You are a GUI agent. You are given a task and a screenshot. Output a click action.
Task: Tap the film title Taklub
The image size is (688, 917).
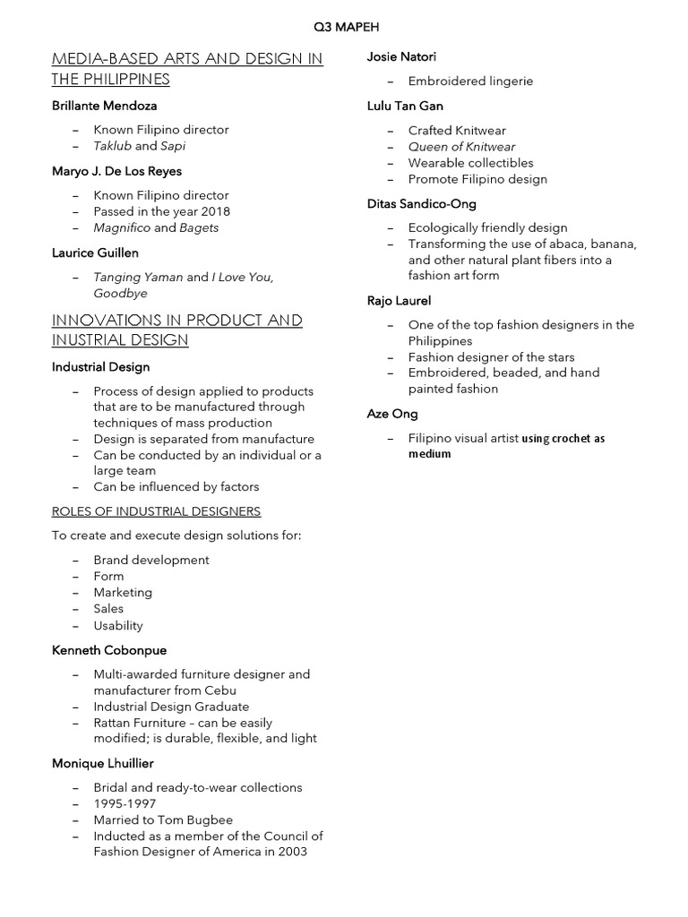[112, 146]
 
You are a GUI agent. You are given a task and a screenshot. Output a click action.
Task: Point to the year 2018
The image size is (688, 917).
[215, 211]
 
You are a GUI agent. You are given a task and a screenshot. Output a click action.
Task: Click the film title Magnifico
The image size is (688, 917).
[122, 227]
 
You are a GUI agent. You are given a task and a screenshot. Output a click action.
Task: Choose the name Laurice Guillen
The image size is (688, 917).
[89, 253]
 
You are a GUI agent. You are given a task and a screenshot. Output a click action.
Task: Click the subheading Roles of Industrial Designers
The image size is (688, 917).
[157, 511]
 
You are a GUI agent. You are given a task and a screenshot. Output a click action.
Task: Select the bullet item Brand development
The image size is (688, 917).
[151, 560]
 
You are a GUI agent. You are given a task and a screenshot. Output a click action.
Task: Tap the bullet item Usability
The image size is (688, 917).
[118, 625]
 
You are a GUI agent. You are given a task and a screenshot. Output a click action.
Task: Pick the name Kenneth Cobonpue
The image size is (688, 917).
[109, 650]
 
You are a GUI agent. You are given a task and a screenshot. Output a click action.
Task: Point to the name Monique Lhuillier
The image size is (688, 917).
[103, 763]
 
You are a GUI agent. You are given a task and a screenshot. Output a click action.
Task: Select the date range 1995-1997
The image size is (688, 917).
[125, 803]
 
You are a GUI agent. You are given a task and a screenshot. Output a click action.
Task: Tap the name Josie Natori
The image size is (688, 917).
[402, 57]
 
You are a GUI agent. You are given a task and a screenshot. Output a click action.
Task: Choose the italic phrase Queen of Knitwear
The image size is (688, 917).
[461, 147]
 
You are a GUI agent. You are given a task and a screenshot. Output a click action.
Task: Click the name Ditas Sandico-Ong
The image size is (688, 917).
[422, 203]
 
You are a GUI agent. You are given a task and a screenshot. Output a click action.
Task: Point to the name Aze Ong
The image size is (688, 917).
[392, 414]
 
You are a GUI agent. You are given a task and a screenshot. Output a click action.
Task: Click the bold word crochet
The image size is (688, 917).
[572, 439]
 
